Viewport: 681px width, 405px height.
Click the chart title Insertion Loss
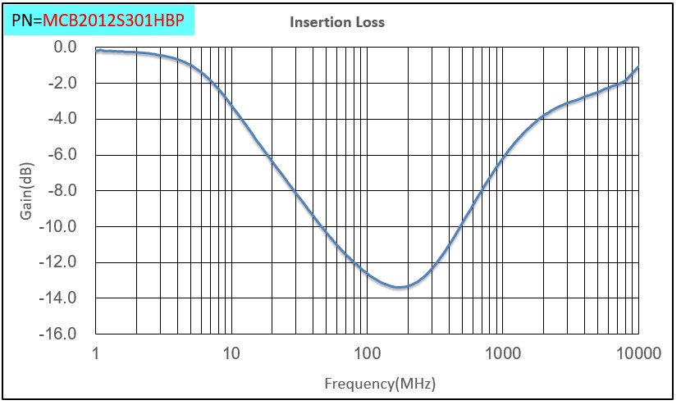(337, 22)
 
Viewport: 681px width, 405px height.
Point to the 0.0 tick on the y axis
(66, 47)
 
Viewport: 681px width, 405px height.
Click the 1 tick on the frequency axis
(96, 353)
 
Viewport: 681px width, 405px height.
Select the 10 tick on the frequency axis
(231, 353)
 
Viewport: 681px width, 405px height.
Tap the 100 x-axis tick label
(367, 353)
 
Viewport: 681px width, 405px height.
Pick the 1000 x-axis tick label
(502, 353)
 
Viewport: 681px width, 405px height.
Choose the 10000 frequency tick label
(637, 353)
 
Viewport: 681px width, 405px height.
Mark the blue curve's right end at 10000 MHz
(638, 67)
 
